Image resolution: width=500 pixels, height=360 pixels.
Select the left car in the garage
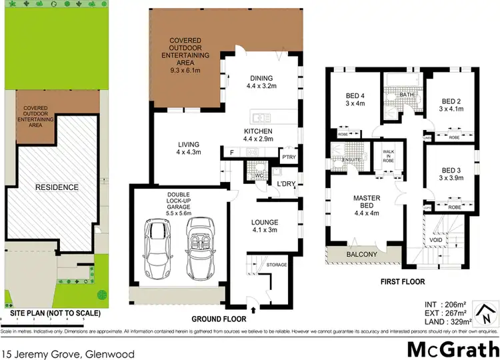157,248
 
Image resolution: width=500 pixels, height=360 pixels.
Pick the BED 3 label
451,174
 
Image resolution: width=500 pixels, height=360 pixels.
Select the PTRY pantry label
287,157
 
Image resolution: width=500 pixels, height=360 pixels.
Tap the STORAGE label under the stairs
277,265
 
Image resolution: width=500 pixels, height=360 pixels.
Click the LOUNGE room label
265,226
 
